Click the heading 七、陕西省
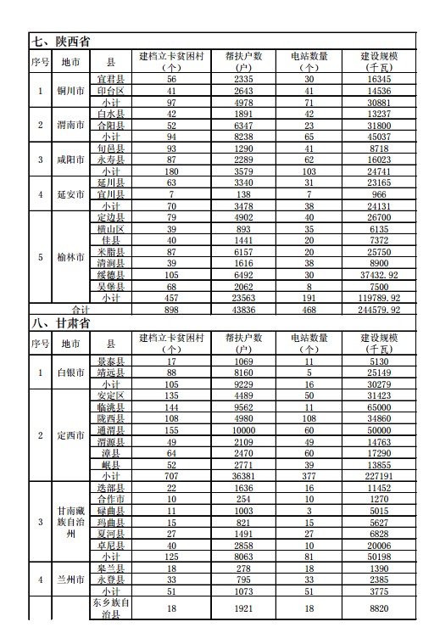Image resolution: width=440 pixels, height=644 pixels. [61, 41]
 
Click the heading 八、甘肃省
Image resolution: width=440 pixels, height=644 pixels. [61, 323]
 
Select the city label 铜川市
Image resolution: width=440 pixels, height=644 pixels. [70, 90]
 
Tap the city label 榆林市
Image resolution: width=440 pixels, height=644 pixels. [70, 257]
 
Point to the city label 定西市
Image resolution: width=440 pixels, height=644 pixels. [70, 435]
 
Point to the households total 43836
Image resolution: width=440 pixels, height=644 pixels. [241, 311]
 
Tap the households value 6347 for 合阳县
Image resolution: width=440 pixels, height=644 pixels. [241, 125]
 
